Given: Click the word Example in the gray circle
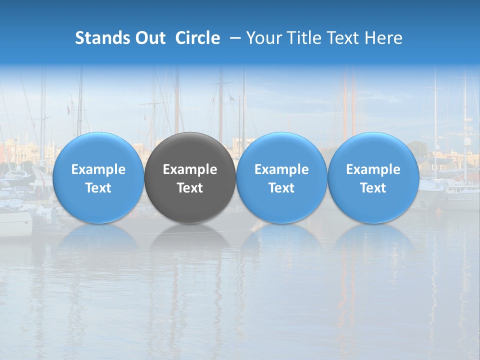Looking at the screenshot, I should click(x=190, y=169).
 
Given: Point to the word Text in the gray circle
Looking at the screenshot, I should click(x=190, y=188).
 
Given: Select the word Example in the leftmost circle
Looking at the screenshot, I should click(x=98, y=169).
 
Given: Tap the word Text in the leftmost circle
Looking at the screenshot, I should click(x=98, y=188).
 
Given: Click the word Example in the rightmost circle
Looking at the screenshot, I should click(x=373, y=169).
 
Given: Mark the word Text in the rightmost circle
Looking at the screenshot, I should click(x=373, y=188).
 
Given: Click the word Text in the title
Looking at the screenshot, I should click(x=345, y=38).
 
